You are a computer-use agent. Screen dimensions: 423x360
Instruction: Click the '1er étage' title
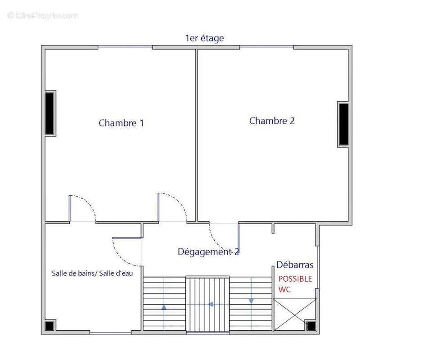(204, 38)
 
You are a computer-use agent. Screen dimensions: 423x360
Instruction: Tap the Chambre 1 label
(121, 123)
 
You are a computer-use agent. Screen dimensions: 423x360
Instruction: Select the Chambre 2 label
(272, 121)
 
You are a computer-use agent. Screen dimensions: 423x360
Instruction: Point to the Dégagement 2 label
(208, 252)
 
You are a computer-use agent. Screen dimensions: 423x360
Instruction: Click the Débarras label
(295, 265)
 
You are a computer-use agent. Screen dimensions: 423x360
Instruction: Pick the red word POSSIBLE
(295, 279)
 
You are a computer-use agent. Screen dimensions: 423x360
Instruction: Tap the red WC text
(284, 289)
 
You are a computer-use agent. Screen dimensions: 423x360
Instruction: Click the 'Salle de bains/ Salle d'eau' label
(92, 273)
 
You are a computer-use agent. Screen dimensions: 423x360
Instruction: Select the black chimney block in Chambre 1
(49, 113)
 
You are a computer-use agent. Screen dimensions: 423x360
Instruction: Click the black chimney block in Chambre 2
(343, 124)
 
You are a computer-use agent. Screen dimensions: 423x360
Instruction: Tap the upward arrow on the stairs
(164, 307)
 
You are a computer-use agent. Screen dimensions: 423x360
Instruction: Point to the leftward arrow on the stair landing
(211, 304)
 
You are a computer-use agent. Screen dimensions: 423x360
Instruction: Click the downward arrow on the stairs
(251, 301)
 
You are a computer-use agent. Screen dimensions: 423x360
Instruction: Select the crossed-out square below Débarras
(295, 315)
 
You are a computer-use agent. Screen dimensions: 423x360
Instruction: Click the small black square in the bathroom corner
(49, 326)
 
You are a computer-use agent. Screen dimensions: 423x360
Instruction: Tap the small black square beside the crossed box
(311, 326)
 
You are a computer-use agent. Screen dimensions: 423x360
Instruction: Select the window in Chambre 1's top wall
(125, 47)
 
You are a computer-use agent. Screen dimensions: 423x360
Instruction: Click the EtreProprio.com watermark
(43, 15)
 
